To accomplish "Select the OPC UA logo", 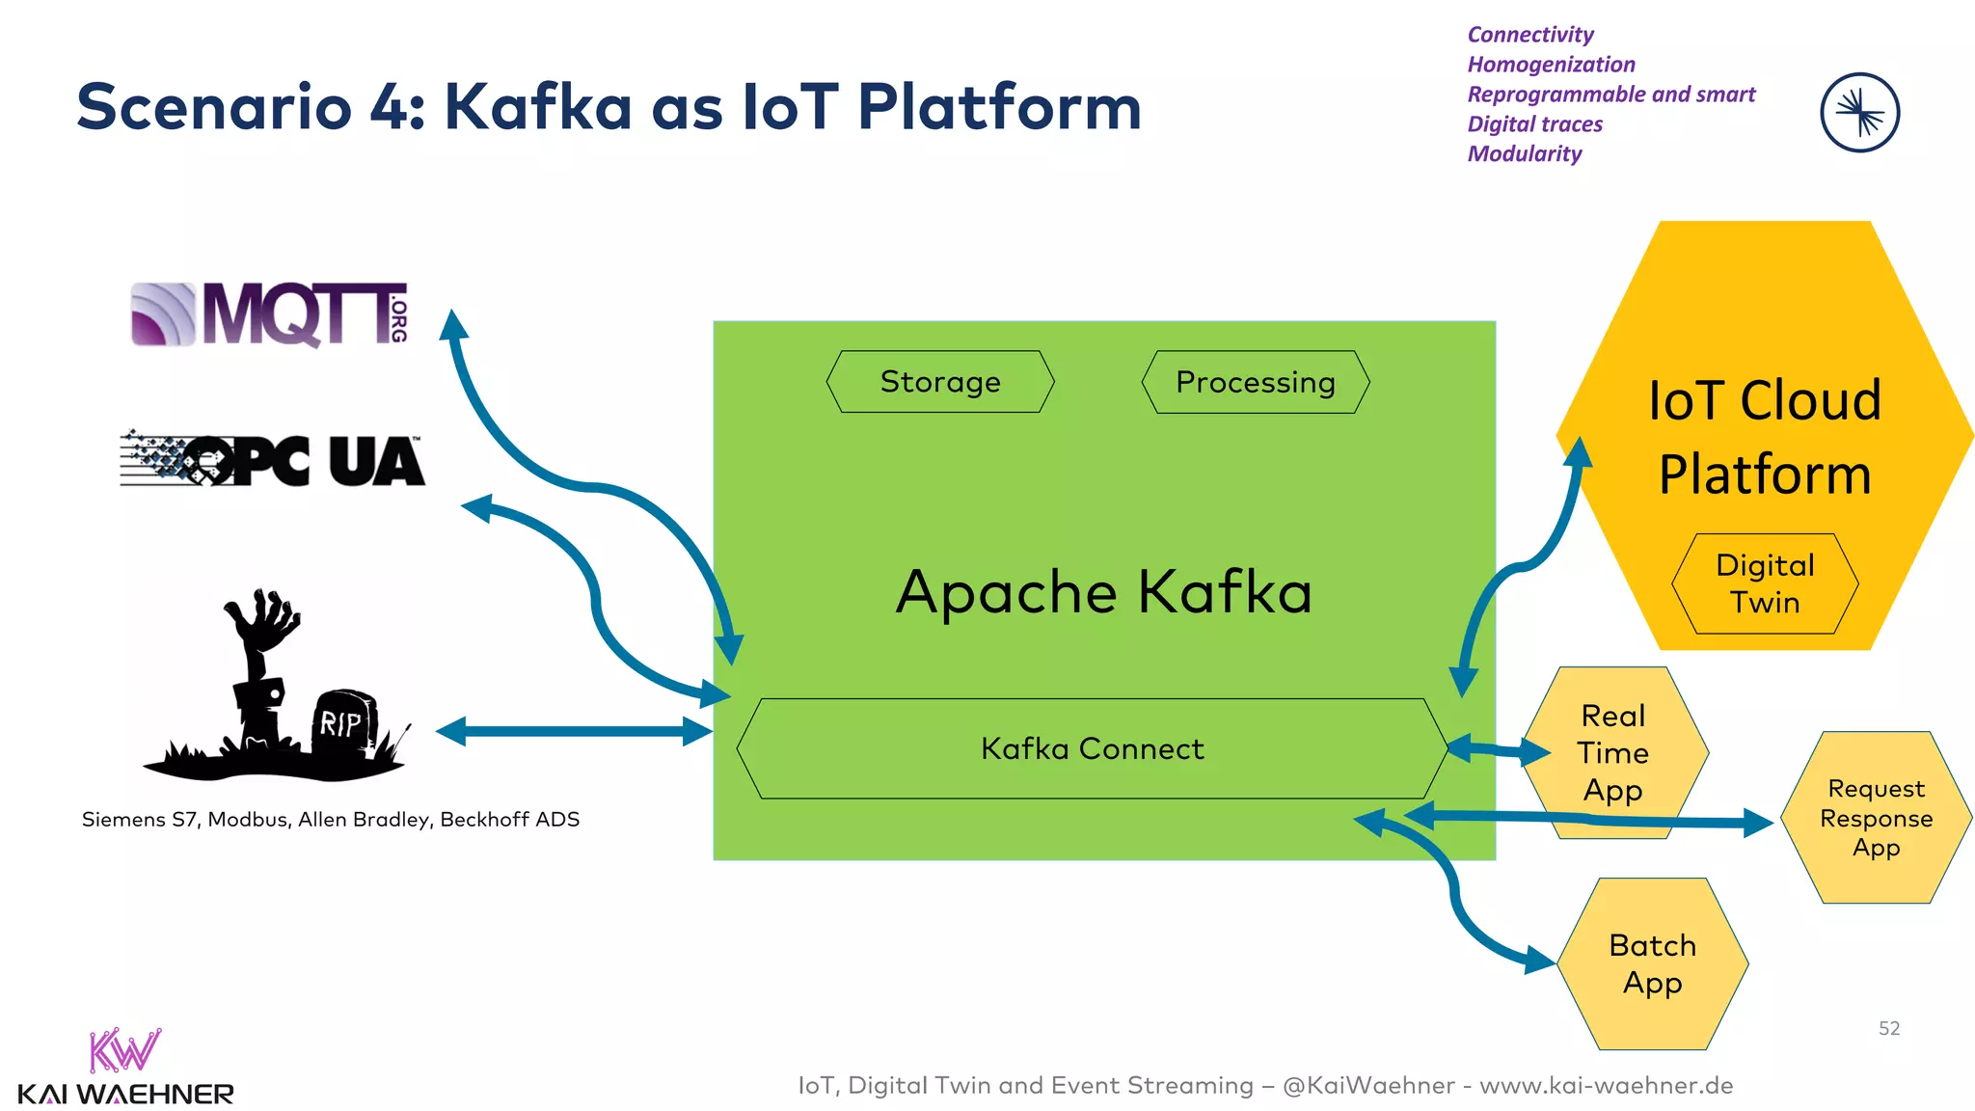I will [x=272, y=460].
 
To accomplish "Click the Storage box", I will [x=940, y=382].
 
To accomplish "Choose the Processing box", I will [x=1255, y=382].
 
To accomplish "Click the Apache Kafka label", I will [x=1103, y=591].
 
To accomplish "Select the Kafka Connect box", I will [x=1092, y=748].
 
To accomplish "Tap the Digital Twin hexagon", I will [x=1764, y=583].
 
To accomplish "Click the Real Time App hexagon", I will [x=1613, y=752].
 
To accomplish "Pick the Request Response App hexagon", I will [x=1875, y=818].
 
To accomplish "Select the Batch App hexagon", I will [x=1652, y=963].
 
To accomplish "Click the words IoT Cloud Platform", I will [x=1764, y=437].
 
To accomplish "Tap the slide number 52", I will [x=1888, y=1028].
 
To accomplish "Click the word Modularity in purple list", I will [x=1524, y=154].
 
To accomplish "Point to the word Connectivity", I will [x=1529, y=35].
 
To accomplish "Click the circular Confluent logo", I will [x=1859, y=113].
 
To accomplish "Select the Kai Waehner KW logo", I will [x=124, y=1051].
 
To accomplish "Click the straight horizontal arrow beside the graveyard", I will [x=574, y=731].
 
